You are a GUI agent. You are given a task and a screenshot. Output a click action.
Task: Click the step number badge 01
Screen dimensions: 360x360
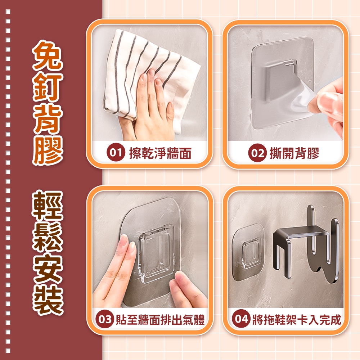[x=116, y=152]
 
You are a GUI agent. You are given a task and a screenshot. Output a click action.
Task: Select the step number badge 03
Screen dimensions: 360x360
[x=105, y=319]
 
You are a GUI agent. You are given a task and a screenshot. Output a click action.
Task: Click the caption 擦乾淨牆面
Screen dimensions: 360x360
[x=160, y=153]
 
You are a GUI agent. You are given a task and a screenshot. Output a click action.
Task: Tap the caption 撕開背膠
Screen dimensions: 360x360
[x=294, y=153]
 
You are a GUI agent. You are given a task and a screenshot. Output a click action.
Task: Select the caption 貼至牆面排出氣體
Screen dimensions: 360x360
[x=160, y=319]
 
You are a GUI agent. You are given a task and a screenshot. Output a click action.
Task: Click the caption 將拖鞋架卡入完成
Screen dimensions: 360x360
[x=296, y=319]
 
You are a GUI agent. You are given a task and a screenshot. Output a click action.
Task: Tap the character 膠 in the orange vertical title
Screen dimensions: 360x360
[x=48, y=149]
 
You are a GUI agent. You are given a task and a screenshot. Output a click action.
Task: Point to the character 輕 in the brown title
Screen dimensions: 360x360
[x=48, y=205]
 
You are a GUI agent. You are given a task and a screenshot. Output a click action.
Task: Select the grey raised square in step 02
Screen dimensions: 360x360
[x=280, y=80]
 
